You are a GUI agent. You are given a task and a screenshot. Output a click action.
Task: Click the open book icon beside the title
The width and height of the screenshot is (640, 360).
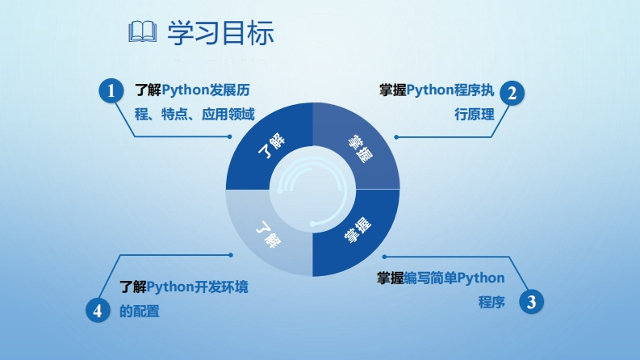coord(143,33)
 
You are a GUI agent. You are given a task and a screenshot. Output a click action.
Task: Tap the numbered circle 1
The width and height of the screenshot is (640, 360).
coord(111,90)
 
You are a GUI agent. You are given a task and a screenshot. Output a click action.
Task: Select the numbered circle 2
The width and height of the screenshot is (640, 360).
coord(511,93)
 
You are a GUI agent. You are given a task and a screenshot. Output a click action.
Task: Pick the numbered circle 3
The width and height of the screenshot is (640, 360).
coord(530,302)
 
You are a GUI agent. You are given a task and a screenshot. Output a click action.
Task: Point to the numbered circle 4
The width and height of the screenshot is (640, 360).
coord(98,310)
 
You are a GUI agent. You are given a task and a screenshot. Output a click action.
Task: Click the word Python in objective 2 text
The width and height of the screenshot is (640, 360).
coord(432,90)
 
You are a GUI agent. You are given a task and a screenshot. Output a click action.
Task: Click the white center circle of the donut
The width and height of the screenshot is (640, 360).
coord(312,190)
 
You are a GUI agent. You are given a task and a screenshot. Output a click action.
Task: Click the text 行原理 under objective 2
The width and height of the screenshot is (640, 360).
coord(475,115)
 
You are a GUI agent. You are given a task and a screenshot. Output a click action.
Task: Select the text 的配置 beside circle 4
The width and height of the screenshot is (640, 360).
coord(139,311)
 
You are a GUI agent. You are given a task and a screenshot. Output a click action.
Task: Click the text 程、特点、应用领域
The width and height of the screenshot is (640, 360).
coord(195,115)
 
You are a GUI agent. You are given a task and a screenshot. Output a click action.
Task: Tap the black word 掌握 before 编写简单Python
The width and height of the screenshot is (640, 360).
coord(391,278)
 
